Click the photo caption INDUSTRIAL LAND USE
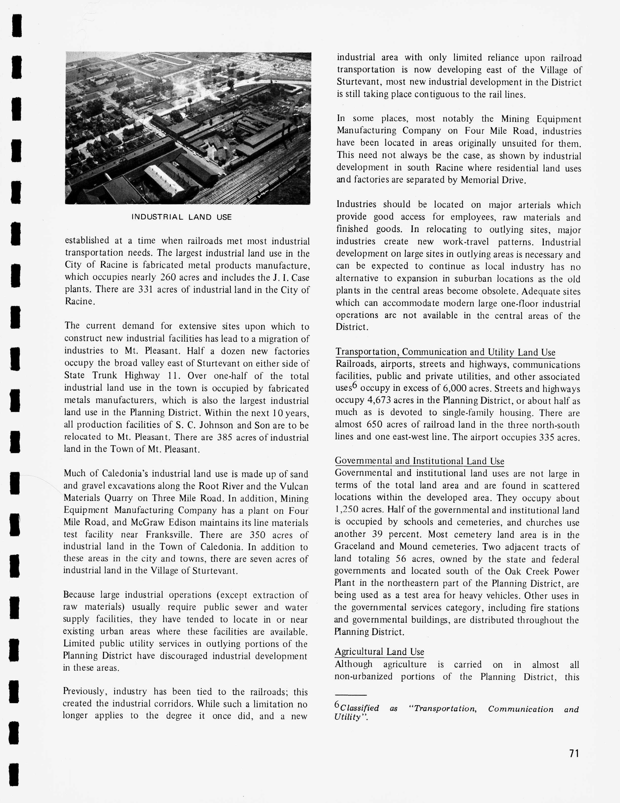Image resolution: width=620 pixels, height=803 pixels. point(182,217)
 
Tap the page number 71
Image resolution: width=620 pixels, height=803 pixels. point(574,753)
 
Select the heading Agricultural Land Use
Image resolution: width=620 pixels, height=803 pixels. point(379,652)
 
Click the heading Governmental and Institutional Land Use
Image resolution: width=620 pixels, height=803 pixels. point(419,461)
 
